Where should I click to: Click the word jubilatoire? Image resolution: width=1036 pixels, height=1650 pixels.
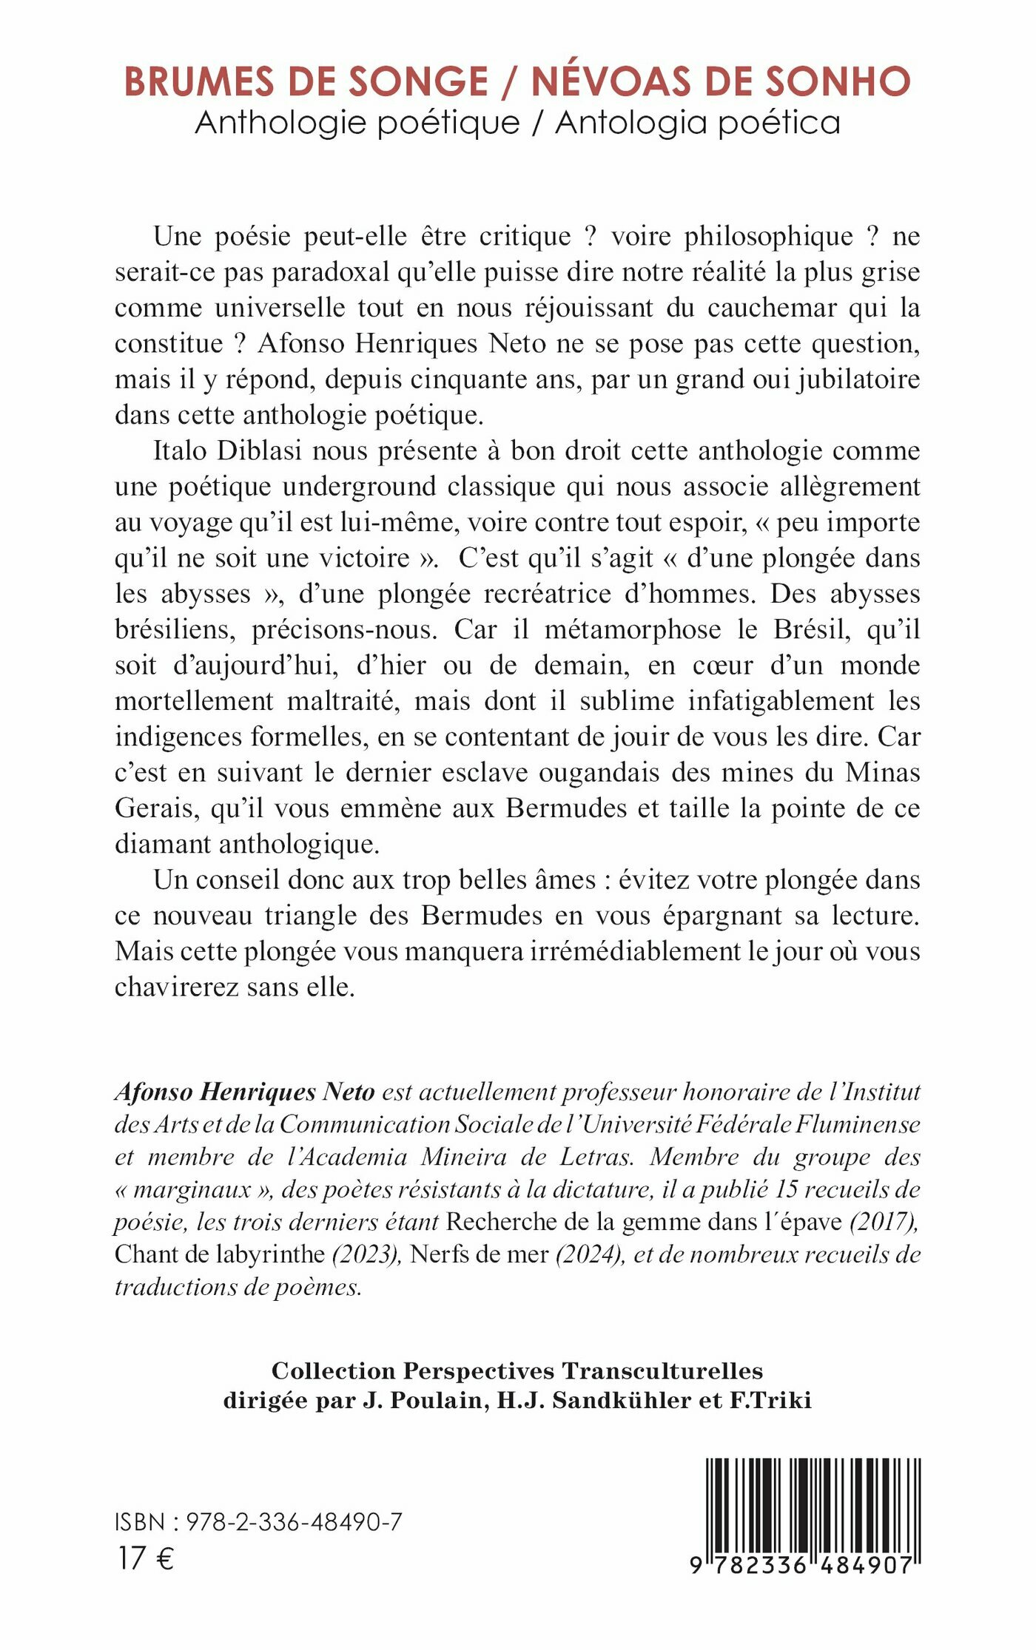[858, 379]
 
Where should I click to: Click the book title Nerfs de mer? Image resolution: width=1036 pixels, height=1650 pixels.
[479, 1254]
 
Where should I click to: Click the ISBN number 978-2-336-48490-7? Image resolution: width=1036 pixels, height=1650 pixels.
[295, 1522]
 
